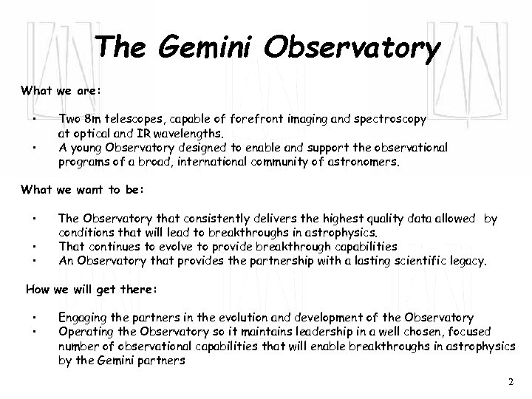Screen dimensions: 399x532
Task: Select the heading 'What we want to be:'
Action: (x=81, y=190)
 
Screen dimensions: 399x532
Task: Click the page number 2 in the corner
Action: (x=511, y=381)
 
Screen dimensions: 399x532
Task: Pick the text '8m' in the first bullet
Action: (x=92, y=118)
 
